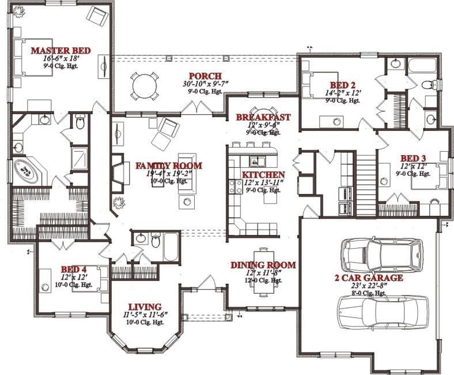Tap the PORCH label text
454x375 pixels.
202,76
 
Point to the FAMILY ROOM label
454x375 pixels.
168,166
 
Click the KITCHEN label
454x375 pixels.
263,175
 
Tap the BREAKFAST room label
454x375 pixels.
263,117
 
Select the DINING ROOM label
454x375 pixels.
263,265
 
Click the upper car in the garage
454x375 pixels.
381,252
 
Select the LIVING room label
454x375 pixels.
144,306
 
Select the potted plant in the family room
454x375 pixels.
119,203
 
